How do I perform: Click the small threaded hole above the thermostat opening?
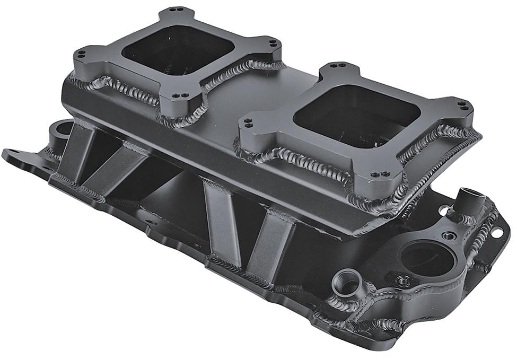pyautogui.click(x=449, y=234)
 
